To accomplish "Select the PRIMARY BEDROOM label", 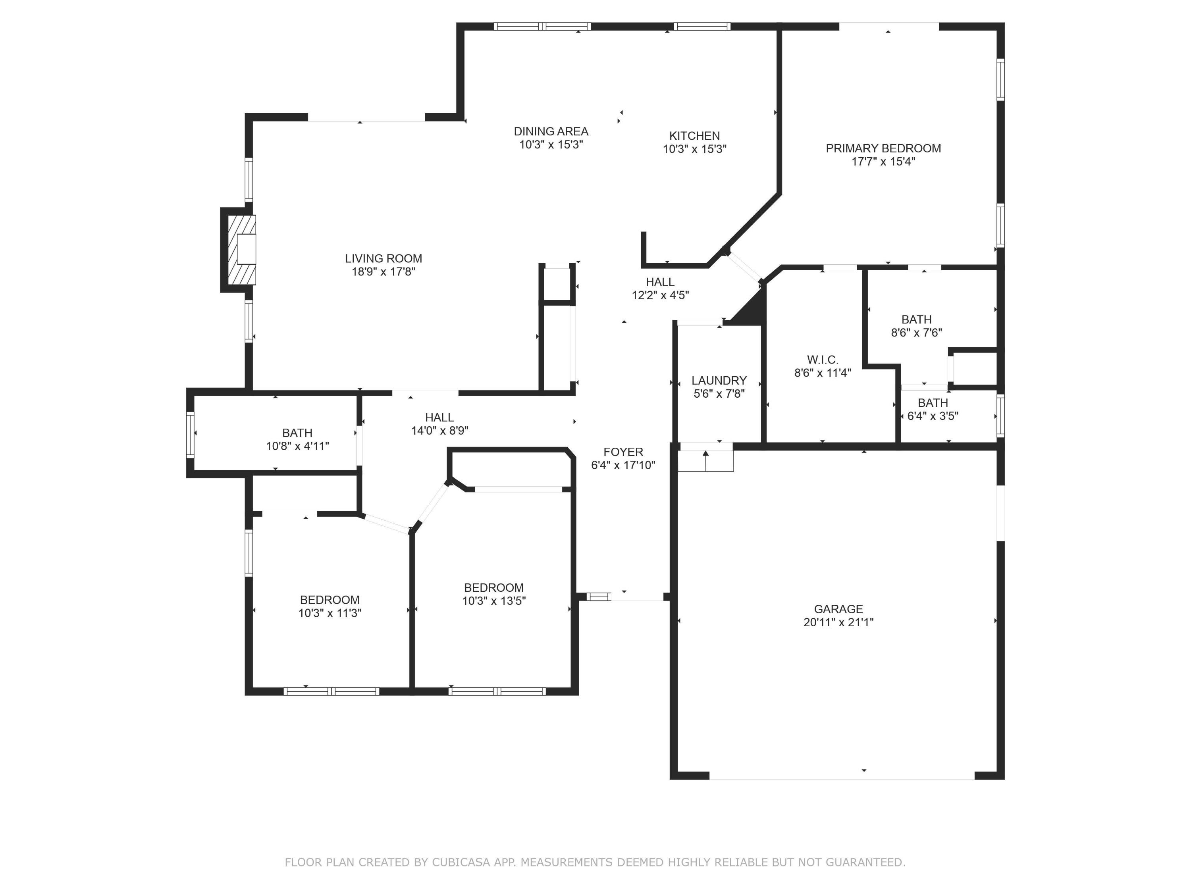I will pos(883,148).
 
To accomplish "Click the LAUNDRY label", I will pos(719,381).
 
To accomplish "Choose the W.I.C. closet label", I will pos(822,360).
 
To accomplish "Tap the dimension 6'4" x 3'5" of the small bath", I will pos(933,416).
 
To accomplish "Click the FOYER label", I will pos(623,452).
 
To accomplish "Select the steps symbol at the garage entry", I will pos(705,461).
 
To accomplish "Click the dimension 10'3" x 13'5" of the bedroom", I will pos(494,601).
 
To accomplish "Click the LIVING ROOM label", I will pos(384,258).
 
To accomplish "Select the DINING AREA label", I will pos(551,131).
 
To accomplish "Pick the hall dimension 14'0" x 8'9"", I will pos(439,431).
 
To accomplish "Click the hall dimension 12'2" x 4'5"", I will pos(660,295).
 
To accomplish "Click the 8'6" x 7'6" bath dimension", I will pos(916,333).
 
